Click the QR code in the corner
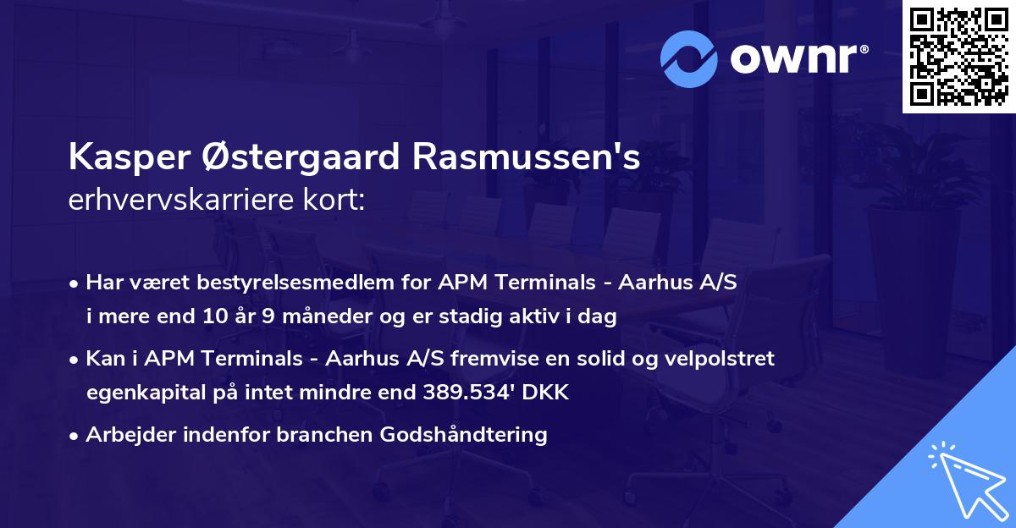coord(958,57)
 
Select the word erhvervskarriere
coord(173,202)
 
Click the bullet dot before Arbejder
coord(75,436)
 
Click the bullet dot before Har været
coord(75,283)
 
